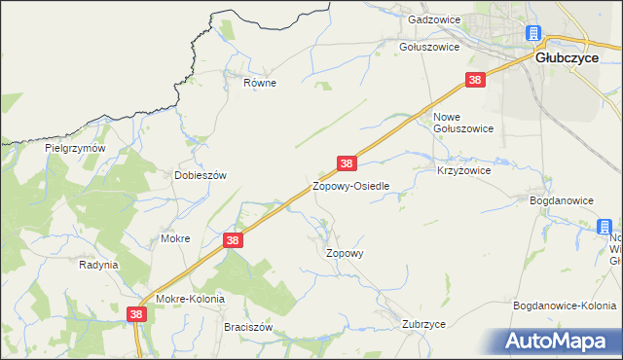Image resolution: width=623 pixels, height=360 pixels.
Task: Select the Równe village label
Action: coord(260,83)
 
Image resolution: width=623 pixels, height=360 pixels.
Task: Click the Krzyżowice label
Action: coord(463,169)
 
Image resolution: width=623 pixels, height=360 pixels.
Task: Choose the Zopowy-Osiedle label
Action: coord(350,185)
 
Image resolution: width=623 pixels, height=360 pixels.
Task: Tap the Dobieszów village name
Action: coord(200,175)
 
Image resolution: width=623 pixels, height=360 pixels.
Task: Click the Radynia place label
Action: coord(98,265)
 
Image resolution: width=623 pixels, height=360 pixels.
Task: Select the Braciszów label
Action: coord(247,328)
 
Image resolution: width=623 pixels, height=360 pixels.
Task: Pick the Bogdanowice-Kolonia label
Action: coord(565,306)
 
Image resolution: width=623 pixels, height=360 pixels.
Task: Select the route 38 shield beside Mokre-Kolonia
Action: coord(136,314)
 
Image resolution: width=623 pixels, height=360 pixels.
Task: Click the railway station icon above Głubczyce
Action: coord(534,34)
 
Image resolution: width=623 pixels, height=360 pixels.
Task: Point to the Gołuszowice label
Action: coord(429,46)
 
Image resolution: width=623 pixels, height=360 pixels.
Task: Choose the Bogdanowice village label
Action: coord(562,200)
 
